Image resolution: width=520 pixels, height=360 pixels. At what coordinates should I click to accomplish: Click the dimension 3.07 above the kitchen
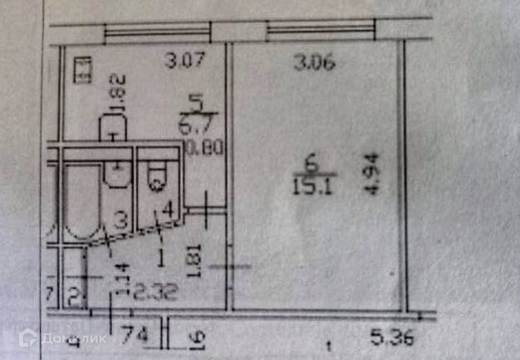[184, 61]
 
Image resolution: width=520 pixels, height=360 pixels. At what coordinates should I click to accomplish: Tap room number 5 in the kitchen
[197, 104]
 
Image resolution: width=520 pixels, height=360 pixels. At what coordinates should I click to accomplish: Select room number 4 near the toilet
[168, 208]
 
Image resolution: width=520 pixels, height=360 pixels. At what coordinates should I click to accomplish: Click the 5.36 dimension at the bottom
[390, 338]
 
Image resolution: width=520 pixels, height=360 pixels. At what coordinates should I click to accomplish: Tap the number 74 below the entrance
[130, 337]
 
